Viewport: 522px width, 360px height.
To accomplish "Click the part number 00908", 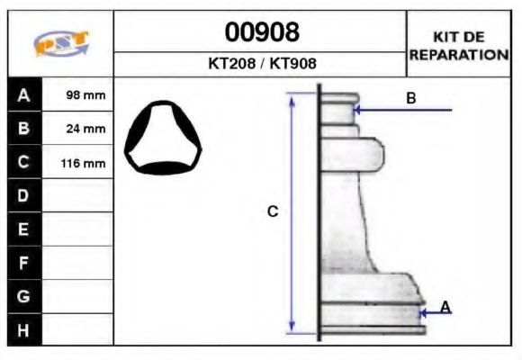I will point(260,33).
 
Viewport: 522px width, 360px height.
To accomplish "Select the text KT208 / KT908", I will point(260,65).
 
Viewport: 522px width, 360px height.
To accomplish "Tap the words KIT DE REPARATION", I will point(459,45).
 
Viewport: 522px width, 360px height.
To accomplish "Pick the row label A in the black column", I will point(24,94).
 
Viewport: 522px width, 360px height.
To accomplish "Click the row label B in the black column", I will point(24,128).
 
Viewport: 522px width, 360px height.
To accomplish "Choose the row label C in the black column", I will point(24,162).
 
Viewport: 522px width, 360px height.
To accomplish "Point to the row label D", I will point(24,195).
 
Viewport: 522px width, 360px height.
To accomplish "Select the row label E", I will point(24,229).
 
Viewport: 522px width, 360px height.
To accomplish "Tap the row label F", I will point(24,262).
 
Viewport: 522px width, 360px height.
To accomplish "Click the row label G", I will point(24,295).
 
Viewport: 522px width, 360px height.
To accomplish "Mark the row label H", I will point(24,329).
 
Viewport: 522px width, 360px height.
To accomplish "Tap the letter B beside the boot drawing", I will point(410,98).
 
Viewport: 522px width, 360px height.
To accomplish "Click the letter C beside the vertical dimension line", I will point(273,211).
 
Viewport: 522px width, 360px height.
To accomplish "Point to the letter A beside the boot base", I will point(445,308).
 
